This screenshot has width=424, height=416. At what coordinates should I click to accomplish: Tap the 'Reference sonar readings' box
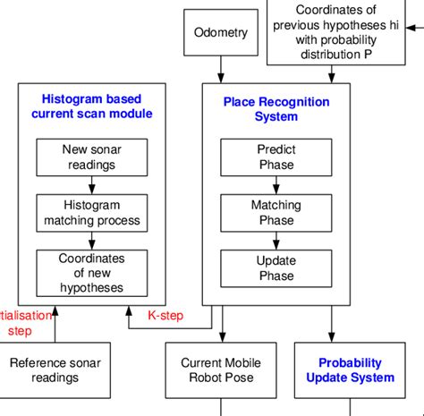tap(55, 369)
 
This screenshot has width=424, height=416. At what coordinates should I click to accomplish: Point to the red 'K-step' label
tap(165, 314)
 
